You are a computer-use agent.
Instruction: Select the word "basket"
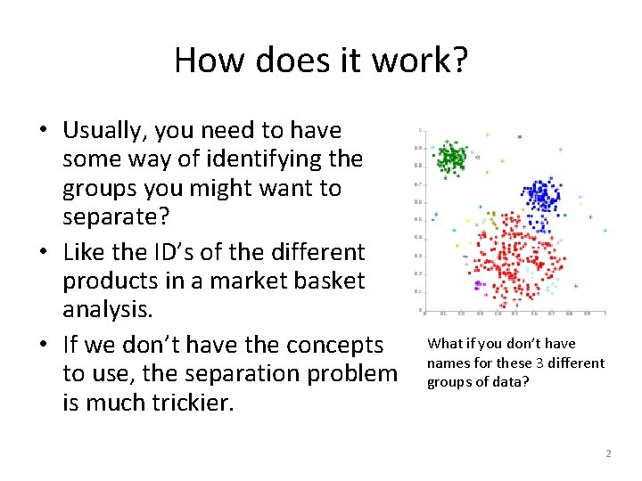tap(346, 281)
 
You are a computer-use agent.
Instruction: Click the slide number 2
tap(608, 454)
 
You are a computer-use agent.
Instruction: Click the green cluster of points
tap(451, 158)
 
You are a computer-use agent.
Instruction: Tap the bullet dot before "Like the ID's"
tap(43, 253)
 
